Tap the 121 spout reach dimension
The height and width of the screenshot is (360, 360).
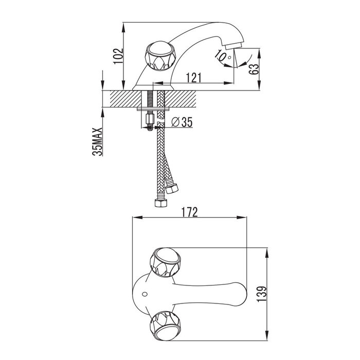[192, 78]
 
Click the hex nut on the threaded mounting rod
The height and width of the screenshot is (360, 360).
[149, 122]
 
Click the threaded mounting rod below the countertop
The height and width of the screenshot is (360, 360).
[149, 111]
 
